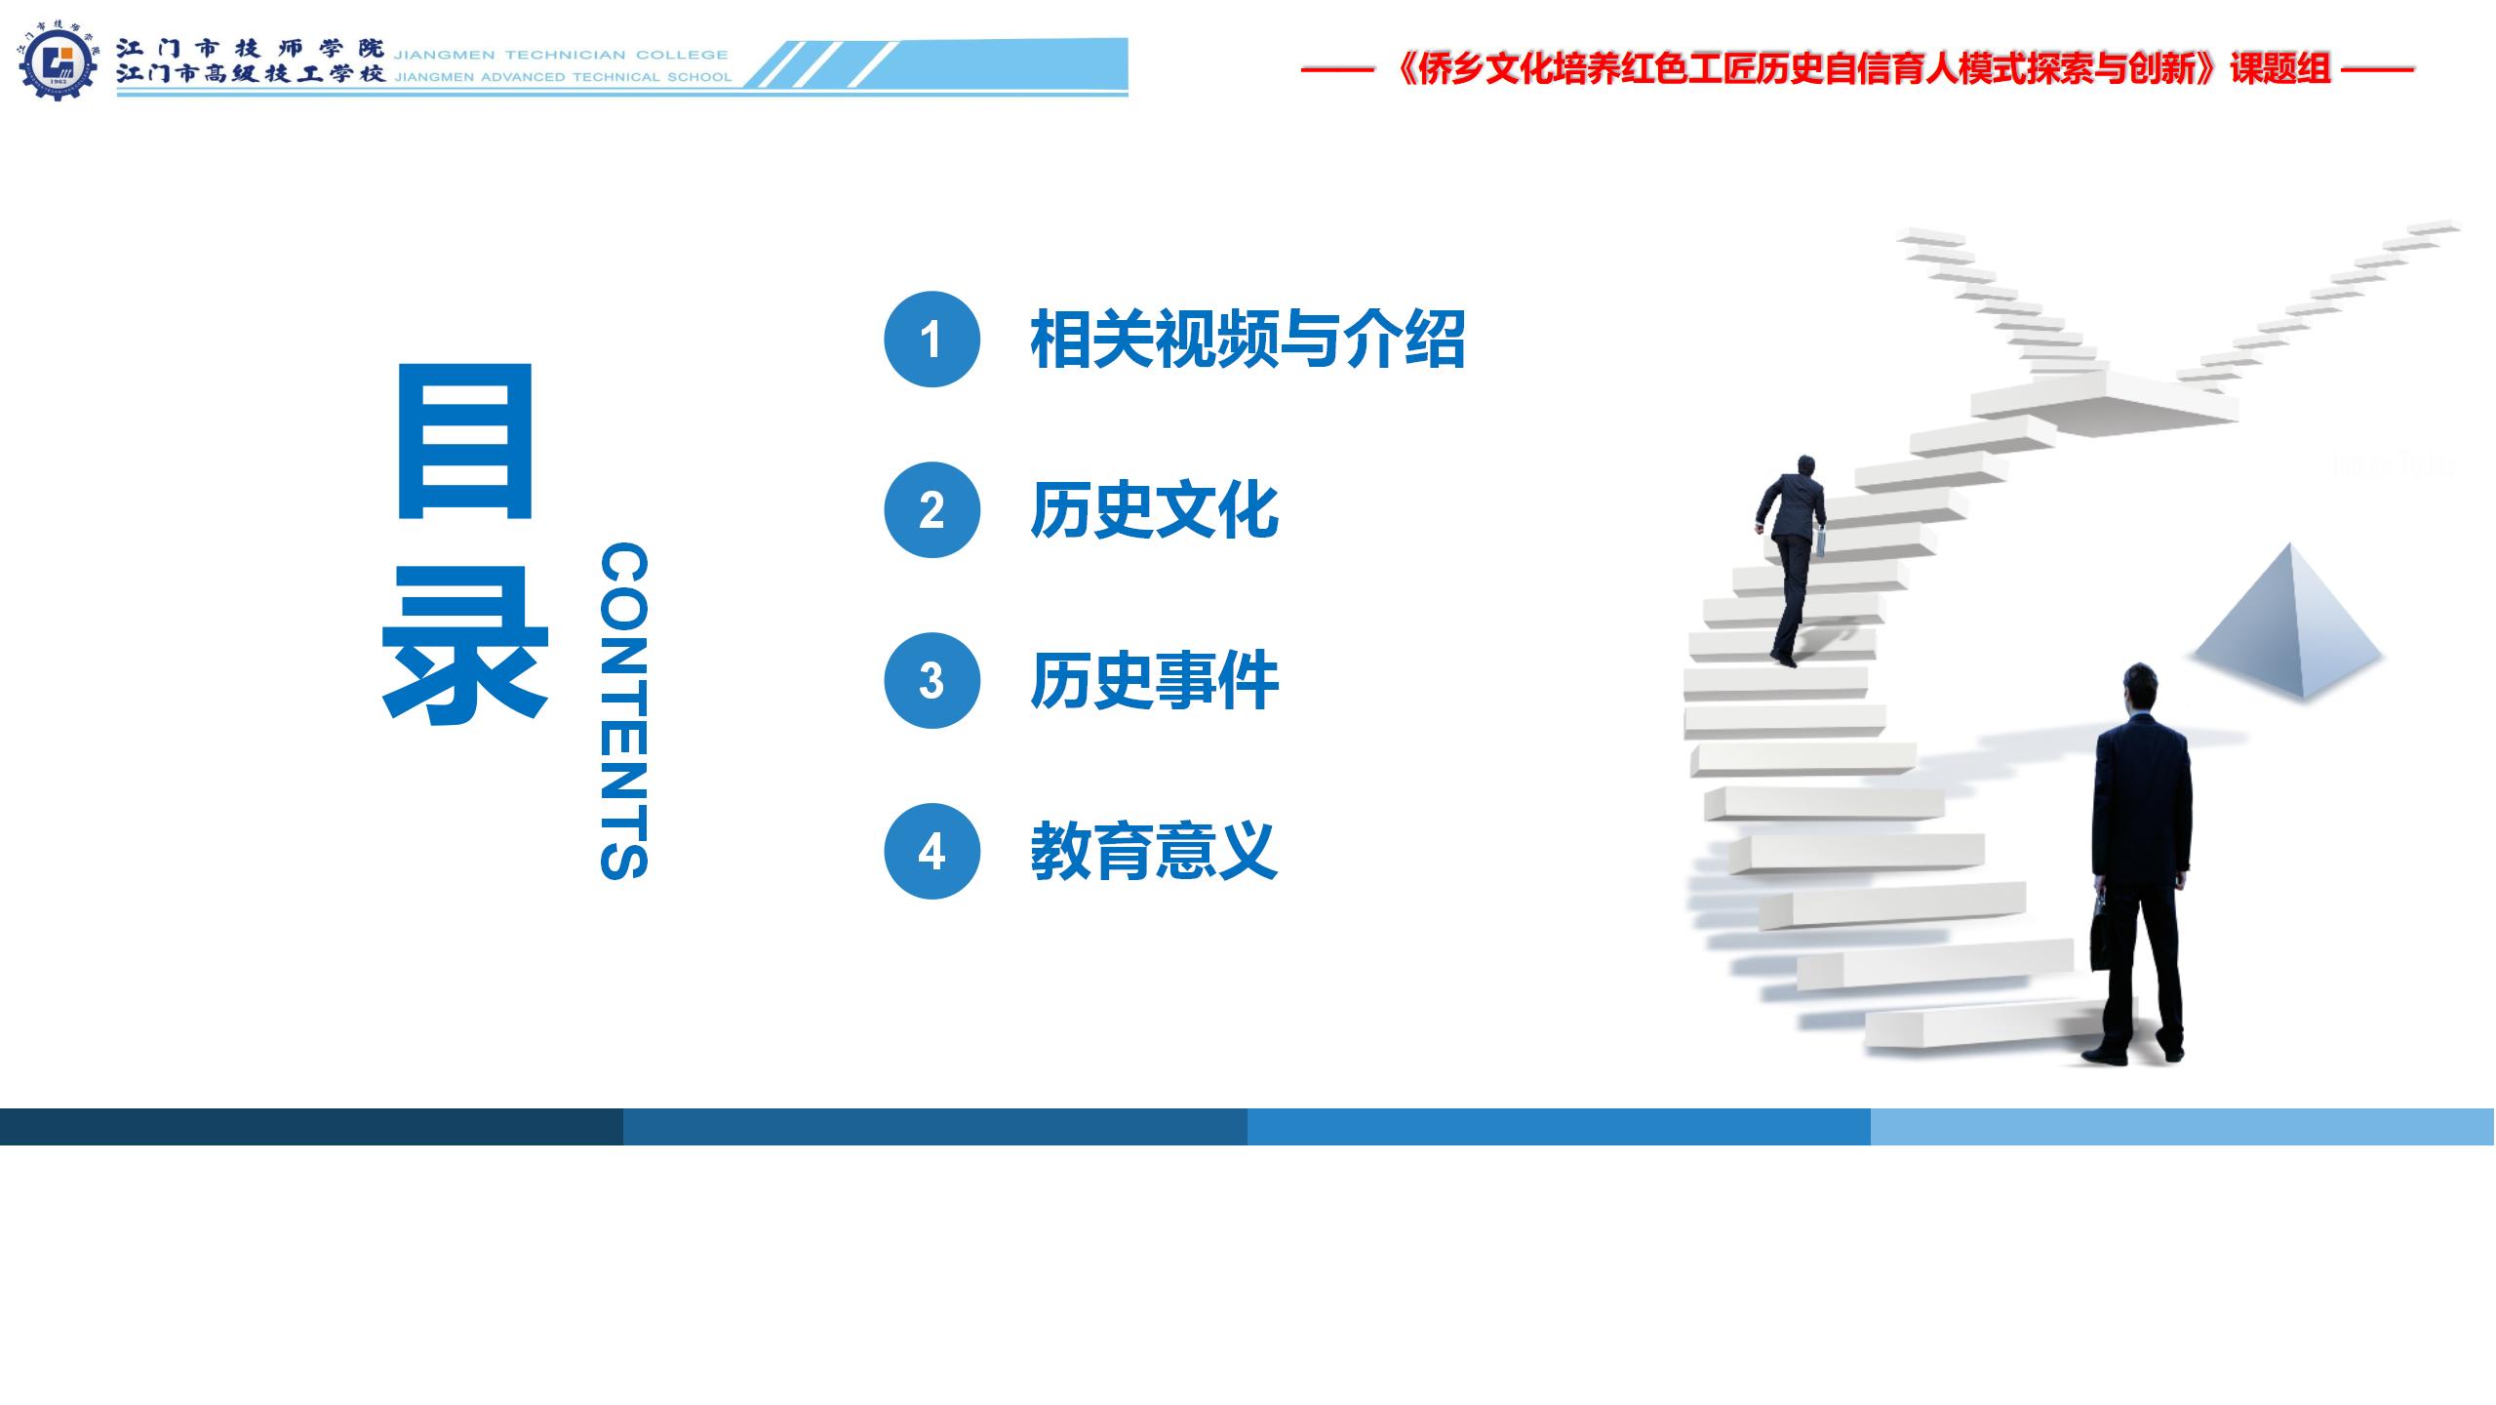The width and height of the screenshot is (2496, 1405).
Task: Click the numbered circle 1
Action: (931, 340)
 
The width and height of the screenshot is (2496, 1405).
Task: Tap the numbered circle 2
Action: (931, 510)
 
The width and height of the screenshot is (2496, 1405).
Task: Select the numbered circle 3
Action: (931, 681)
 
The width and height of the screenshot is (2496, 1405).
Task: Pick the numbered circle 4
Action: (931, 852)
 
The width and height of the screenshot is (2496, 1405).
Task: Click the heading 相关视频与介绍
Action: (1248, 340)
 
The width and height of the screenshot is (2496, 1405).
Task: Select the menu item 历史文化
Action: (1154, 510)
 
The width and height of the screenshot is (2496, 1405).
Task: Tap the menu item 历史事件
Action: (1154, 681)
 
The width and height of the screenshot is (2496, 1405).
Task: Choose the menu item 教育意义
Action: (1154, 852)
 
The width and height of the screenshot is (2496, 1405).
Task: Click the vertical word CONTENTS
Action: (623, 711)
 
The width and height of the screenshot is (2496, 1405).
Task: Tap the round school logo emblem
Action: (59, 63)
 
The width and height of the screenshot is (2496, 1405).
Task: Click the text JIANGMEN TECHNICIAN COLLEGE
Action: (561, 55)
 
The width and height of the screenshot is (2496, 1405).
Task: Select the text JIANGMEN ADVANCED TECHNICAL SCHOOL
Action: (563, 77)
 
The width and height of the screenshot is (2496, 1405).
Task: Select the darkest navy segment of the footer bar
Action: (312, 1126)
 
